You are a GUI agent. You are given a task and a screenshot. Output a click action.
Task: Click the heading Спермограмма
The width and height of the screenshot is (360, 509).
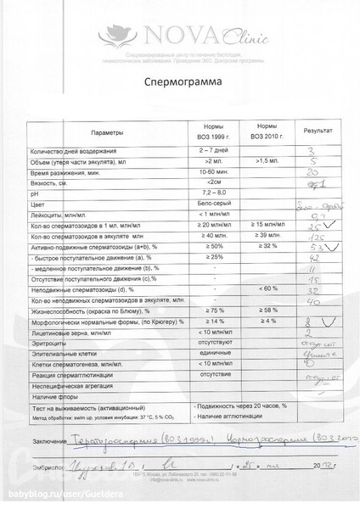coord(180,85)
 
